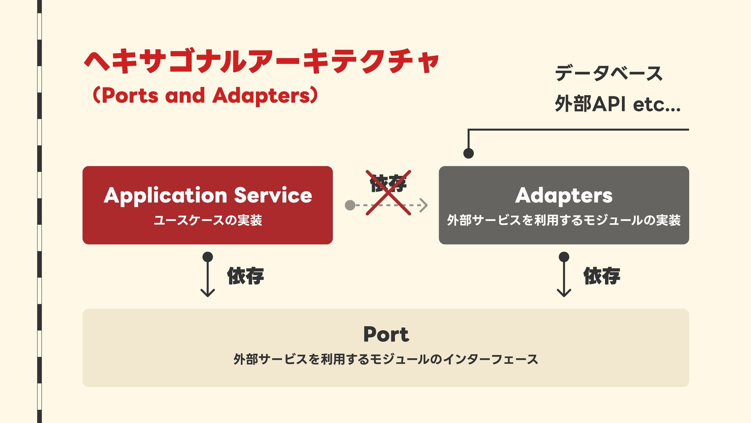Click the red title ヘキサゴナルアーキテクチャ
click(x=261, y=62)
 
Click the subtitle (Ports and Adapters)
click(x=205, y=96)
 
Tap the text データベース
click(x=608, y=73)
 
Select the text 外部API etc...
click(x=617, y=104)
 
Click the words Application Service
click(x=208, y=195)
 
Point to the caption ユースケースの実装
click(x=208, y=220)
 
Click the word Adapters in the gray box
click(x=564, y=195)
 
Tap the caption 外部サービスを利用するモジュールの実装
click(x=564, y=220)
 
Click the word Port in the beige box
click(x=386, y=334)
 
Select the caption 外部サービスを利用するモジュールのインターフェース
click(x=386, y=359)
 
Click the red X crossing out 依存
click(x=388, y=193)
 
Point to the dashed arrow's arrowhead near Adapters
click(x=424, y=205)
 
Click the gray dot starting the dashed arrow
click(x=350, y=205)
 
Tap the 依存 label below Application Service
click(x=245, y=276)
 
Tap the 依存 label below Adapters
click(x=602, y=276)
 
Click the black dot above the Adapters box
click(x=468, y=154)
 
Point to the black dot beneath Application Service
click(x=208, y=257)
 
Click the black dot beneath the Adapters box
click(x=564, y=257)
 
